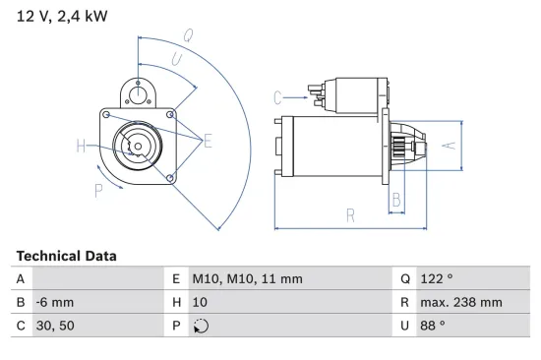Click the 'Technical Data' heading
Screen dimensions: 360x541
[x=66, y=256]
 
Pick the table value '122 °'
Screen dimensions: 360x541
[x=437, y=279]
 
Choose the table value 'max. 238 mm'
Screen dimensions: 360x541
[x=460, y=302]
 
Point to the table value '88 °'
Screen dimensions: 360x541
[x=433, y=326]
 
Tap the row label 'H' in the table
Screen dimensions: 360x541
[x=177, y=302]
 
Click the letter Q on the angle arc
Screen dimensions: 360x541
[x=187, y=35]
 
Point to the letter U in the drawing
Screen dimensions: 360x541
[x=176, y=61]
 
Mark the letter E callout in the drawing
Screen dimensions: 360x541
[x=209, y=143]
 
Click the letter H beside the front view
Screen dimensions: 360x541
[x=82, y=147]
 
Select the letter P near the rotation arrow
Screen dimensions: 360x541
[x=99, y=191]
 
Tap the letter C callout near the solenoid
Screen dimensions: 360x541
[x=278, y=96]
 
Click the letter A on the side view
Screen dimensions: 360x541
[x=447, y=146]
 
